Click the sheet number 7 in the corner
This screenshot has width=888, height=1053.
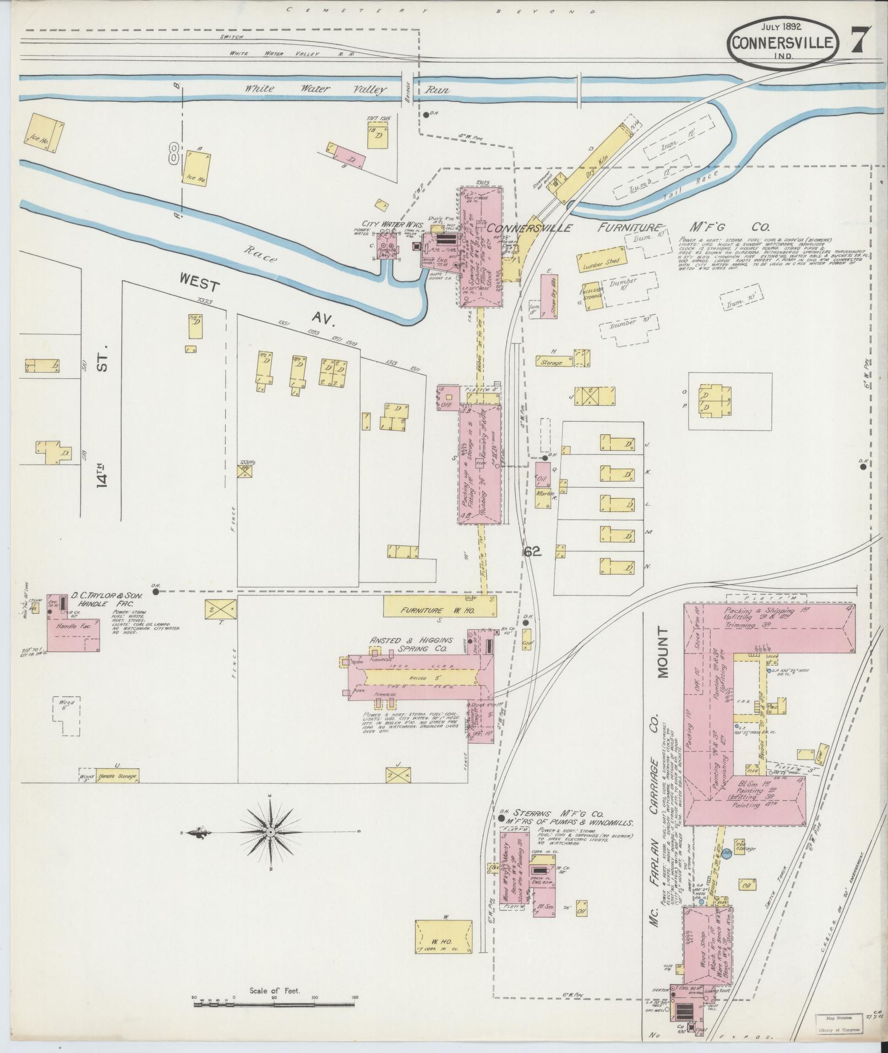pyautogui.click(x=861, y=42)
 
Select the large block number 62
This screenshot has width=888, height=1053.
pyautogui.click(x=532, y=552)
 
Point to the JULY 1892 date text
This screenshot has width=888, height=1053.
pyautogui.click(x=782, y=25)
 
